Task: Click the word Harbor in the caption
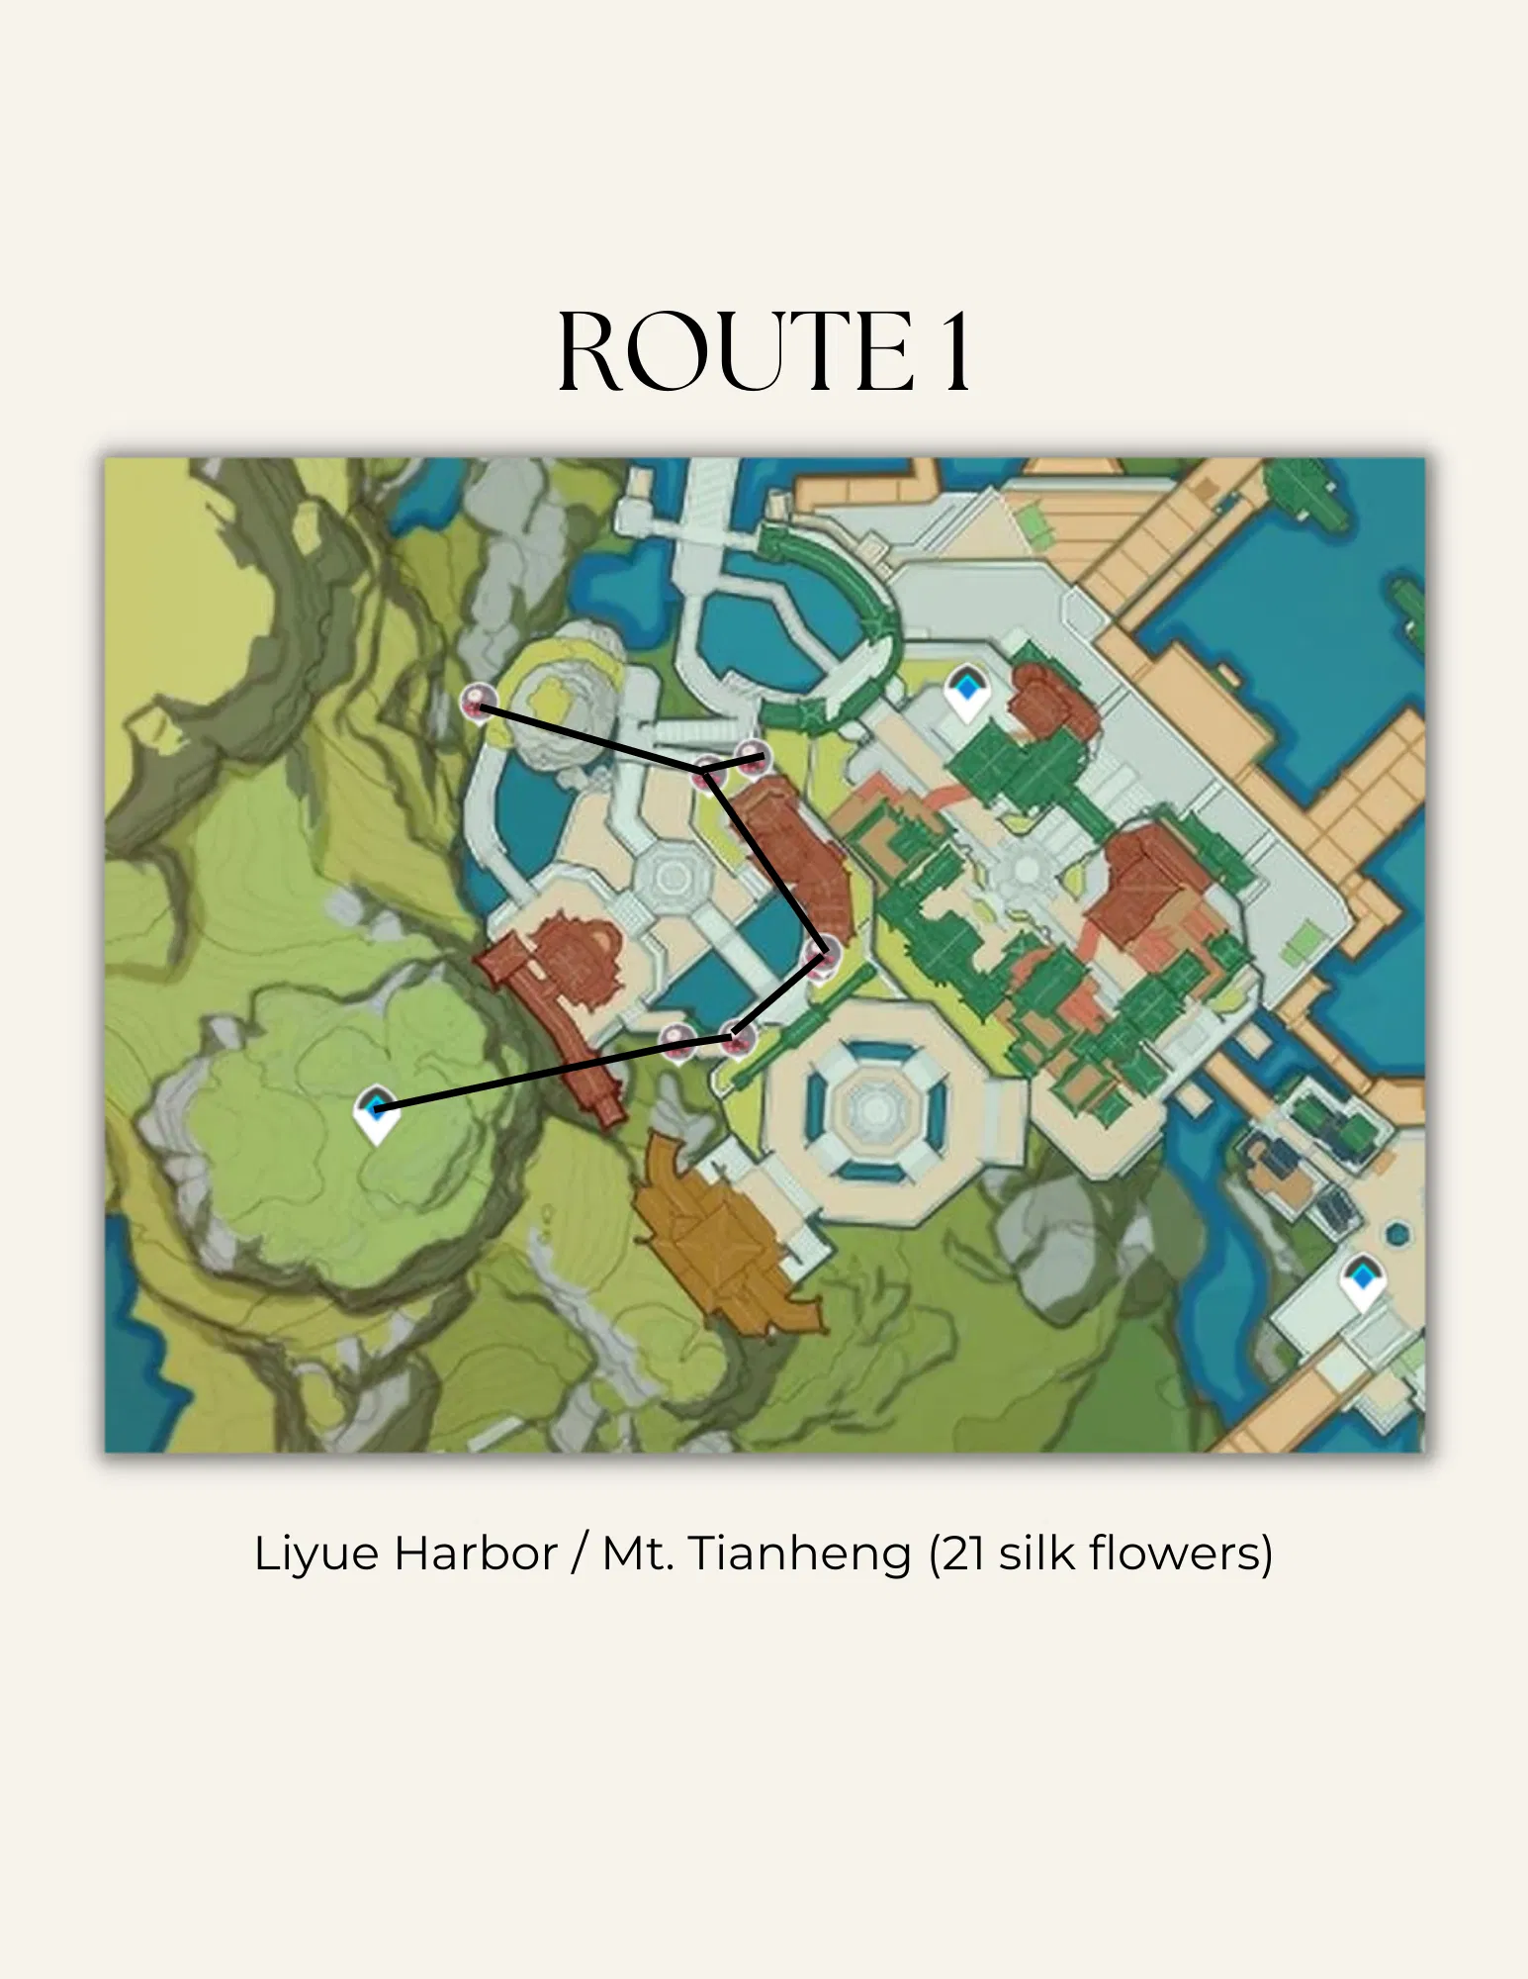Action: point(476,1555)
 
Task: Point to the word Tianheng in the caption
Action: point(799,1555)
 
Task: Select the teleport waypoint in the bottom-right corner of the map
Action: point(1362,1279)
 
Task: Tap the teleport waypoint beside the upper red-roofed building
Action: point(965,689)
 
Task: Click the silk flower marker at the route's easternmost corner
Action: point(823,956)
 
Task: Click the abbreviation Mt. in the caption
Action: point(639,1555)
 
